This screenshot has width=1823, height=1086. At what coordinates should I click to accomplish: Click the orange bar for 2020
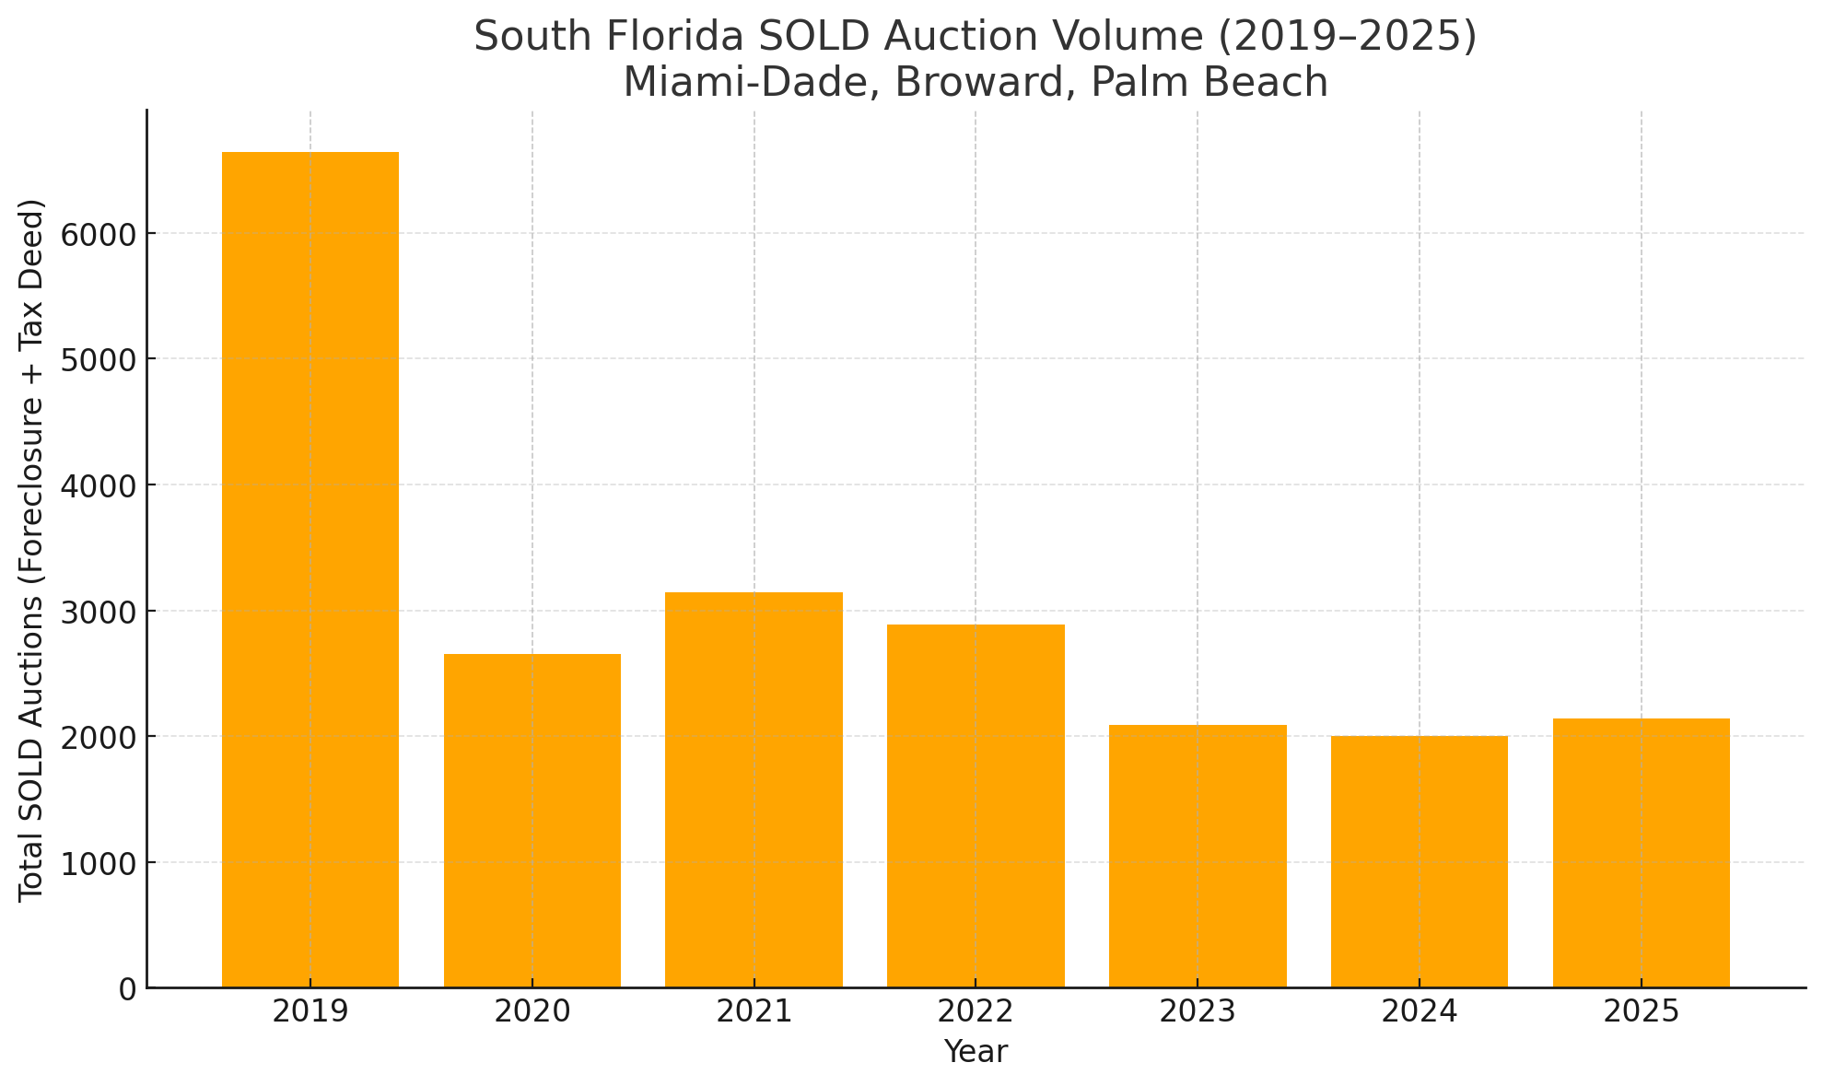532,820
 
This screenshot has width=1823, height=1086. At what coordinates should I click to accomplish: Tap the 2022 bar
976,806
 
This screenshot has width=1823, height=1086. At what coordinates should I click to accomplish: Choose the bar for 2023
1198,856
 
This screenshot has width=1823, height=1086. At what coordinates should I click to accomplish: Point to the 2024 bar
1420,861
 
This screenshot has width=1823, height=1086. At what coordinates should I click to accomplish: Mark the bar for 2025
1642,853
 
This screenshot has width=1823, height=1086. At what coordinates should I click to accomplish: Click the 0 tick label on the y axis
127,989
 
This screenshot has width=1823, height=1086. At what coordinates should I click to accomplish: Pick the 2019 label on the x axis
310,1012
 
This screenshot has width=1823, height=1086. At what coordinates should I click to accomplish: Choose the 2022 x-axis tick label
976,1012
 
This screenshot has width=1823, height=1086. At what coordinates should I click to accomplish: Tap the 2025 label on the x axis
1642,1012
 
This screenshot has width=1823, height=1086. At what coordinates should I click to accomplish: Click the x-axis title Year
976,1052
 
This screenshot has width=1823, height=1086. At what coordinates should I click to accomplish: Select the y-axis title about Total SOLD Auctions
32,550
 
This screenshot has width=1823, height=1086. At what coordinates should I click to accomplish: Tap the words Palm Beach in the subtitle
1209,83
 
